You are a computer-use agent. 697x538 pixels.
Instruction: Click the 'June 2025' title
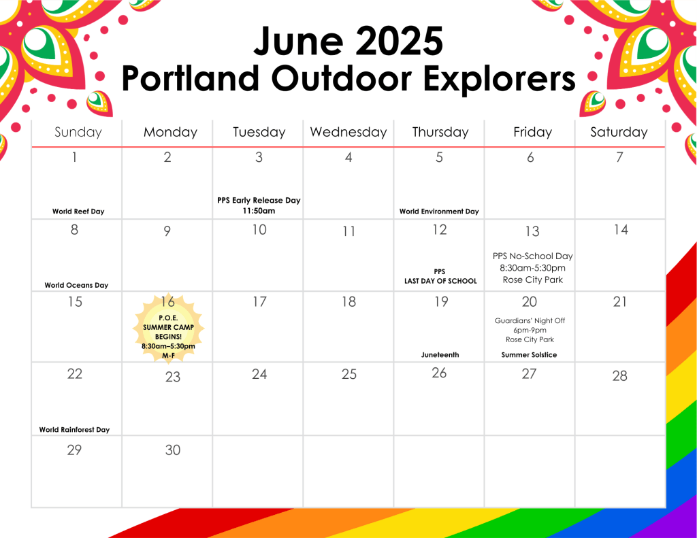pyautogui.click(x=348, y=41)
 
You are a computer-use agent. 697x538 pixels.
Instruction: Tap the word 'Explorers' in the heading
pyautogui.click(x=499, y=79)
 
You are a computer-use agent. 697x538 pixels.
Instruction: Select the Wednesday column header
pyautogui.click(x=348, y=132)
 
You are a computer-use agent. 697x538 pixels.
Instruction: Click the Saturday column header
pyautogui.click(x=619, y=132)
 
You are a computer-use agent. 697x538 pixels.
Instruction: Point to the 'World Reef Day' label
pyautogui.click(x=78, y=212)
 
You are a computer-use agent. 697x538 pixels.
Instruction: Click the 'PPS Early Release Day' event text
pyautogui.click(x=259, y=201)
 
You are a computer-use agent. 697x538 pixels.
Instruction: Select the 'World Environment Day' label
pyautogui.click(x=439, y=212)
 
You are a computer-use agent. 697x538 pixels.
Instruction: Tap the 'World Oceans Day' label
pyautogui.click(x=76, y=285)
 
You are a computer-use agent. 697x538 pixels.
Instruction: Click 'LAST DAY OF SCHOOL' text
pyautogui.click(x=440, y=281)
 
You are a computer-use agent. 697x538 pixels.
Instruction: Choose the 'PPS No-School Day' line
pyautogui.click(x=532, y=256)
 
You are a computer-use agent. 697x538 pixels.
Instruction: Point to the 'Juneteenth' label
pyautogui.click(x=440, y=354)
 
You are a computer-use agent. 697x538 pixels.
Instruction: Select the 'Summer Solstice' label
pyautogui.click(x=529, y=354)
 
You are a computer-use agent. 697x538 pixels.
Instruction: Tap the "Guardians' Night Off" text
pyautogui.click(x=530, y=320)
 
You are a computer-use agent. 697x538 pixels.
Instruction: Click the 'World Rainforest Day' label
pyautogui.click(x=74, y=430)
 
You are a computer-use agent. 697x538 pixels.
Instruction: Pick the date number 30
pyautogui.click(x=173, y=450)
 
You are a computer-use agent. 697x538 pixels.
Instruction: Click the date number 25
pyautogui.click(x=349, y=374)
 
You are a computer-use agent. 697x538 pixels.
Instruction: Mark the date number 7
pyautogui.click(x=619, y=157)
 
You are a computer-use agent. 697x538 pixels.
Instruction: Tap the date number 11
pyautogui.click(x=349, y=231)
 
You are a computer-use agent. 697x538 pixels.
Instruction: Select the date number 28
pyautogui.click(x=619, y=376)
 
